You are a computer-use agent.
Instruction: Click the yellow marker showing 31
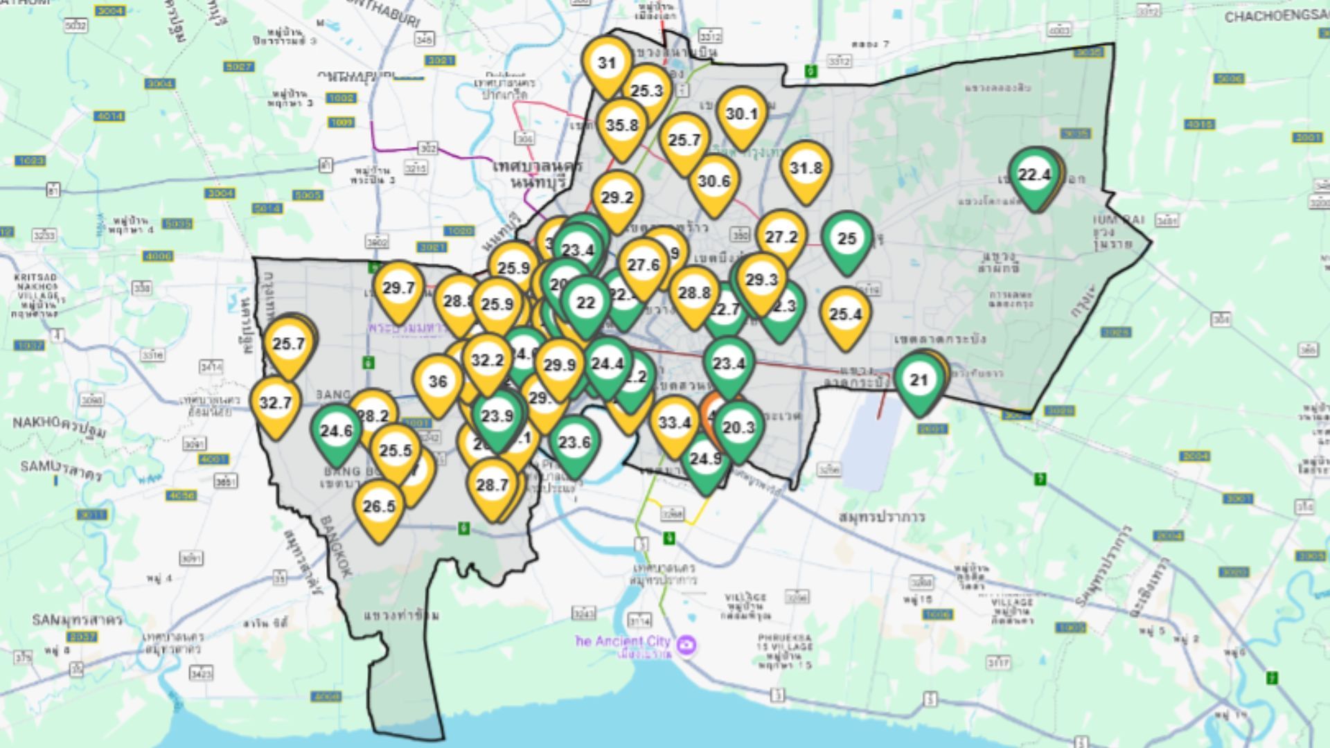(607, 64)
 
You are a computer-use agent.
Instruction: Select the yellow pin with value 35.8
(621, 126)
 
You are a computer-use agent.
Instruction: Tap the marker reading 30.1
(741, 114)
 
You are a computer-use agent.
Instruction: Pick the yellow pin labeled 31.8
(806, 168)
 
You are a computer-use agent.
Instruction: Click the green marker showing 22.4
(1034, 175)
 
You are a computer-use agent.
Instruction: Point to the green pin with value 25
(846, 239)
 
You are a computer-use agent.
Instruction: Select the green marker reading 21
(919, 380)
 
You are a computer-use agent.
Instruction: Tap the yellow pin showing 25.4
(845, 315)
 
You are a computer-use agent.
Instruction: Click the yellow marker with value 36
(438, 382)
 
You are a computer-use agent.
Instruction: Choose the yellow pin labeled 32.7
(275, 403)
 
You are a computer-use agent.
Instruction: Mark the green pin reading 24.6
(337, 431)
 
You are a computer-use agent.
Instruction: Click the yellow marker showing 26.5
(379, 507)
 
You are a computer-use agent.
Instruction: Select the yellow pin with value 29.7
(398, 288)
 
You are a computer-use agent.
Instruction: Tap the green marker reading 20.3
(738, 428)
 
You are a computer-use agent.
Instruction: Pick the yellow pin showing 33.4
(674, 423)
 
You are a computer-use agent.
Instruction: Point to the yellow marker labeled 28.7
(493, 486)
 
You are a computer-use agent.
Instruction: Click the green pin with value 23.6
(574, 443)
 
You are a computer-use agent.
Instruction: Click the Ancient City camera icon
(687, 645)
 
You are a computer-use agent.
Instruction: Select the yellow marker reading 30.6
(713, 181)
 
